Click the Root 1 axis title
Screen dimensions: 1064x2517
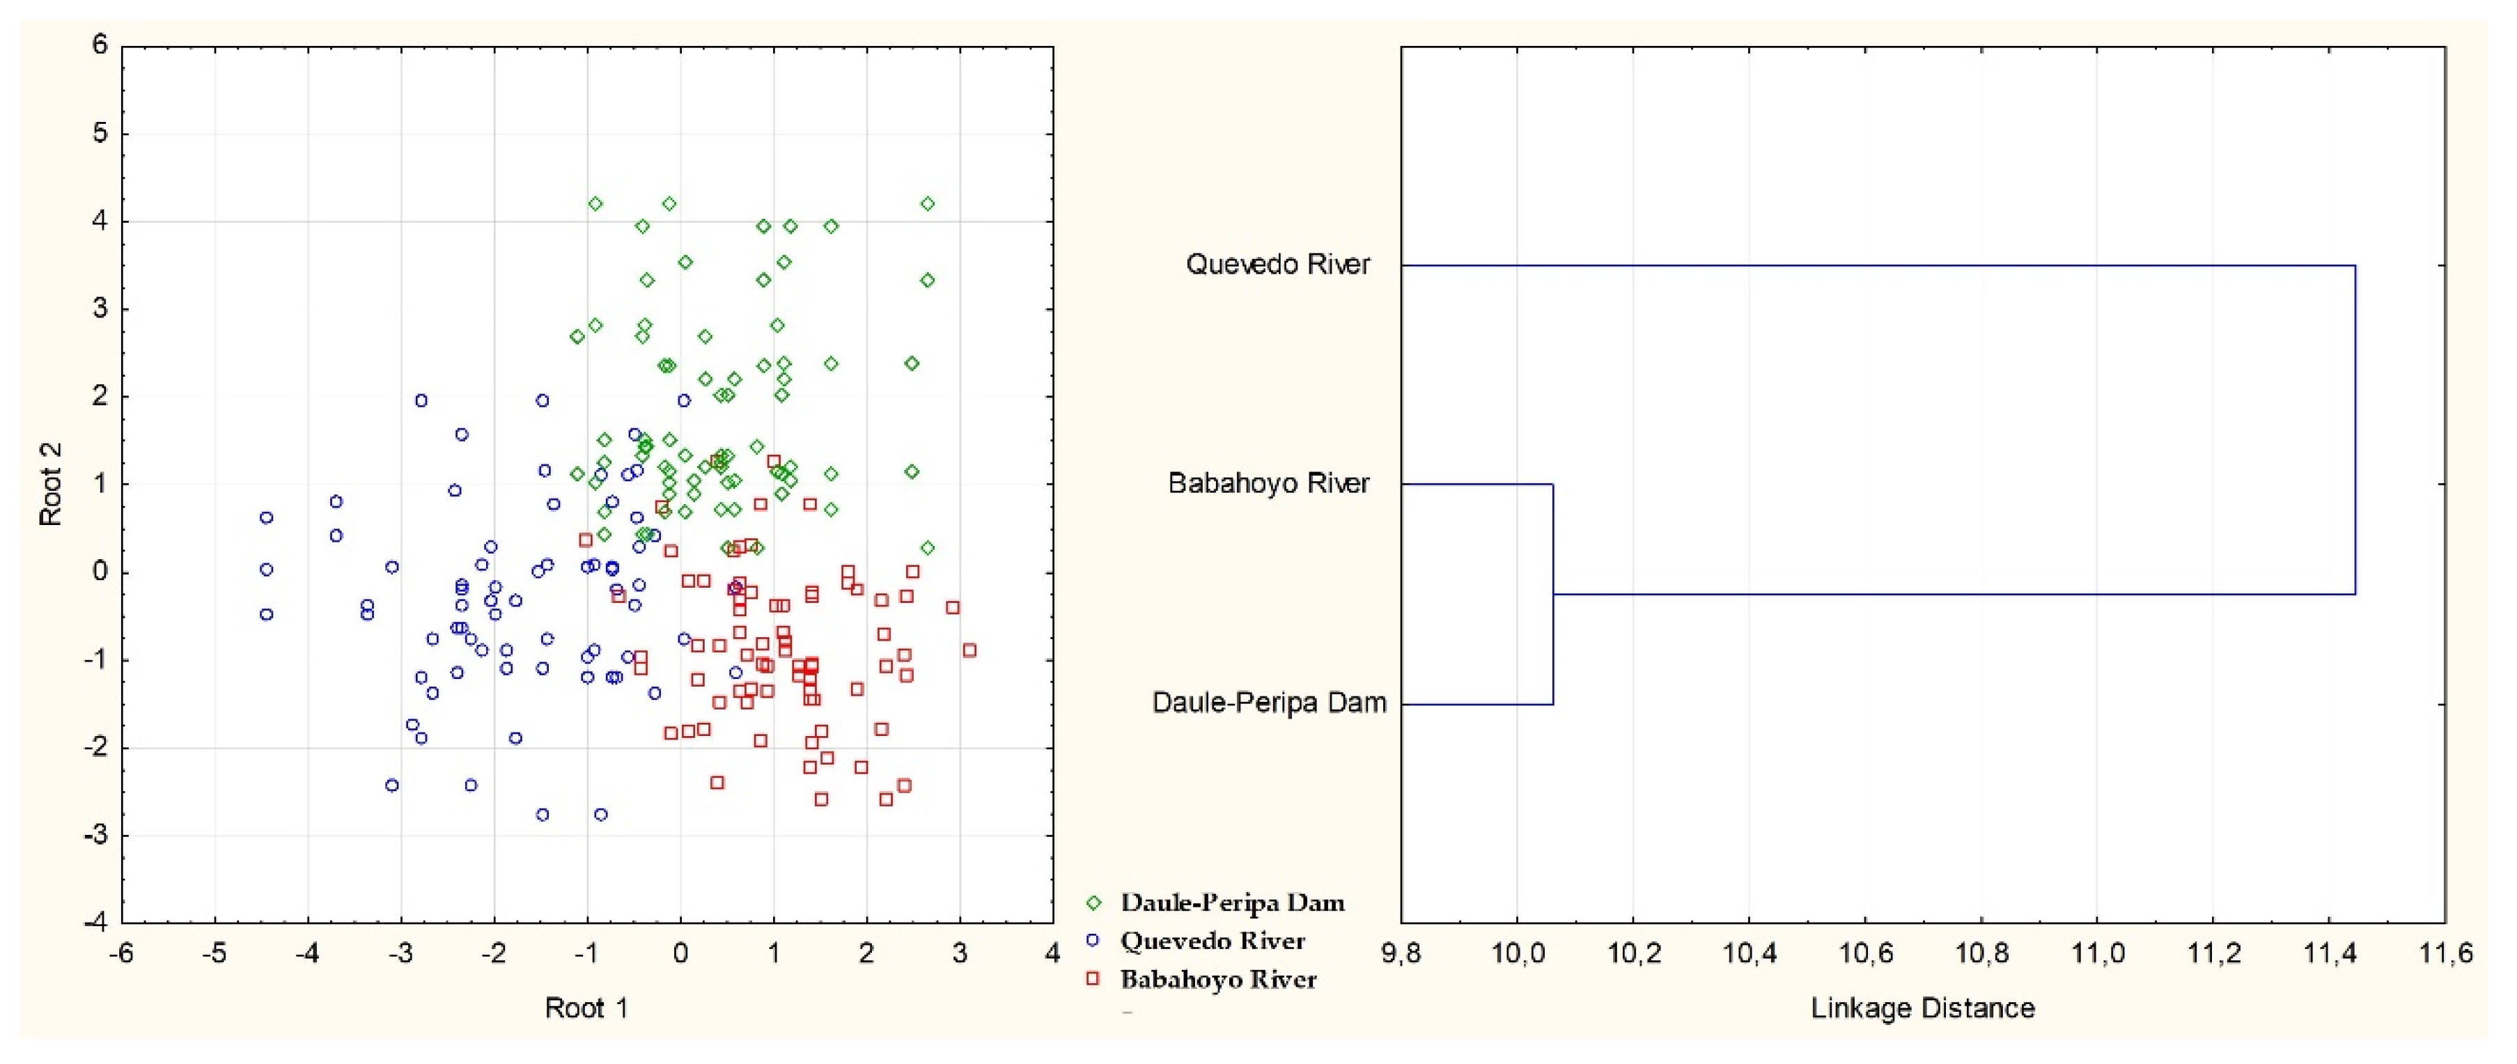coord(586,1008)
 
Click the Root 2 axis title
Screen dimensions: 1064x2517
coord(51,485)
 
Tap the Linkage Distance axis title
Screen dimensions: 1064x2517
coord(1922,1008)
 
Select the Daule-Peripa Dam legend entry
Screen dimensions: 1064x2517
coord(1231,902)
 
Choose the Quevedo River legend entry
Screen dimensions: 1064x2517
coord(1212,941)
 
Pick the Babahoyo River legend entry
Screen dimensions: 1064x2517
coord(1217,979)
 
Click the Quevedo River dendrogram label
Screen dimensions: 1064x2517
coord(1277,265)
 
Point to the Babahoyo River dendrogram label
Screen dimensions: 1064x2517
coord(1268,484)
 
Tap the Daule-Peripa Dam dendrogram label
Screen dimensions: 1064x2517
coord(1268,703)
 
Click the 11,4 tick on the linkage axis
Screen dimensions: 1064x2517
coord(2330,953)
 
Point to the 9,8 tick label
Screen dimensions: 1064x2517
coord(1401,953)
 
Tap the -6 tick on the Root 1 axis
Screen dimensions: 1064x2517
coord(122,953)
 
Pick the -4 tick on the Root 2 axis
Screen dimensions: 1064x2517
coord(95,921)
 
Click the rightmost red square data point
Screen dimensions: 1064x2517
coord(968,650)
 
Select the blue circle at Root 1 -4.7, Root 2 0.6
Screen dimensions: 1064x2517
coord(266,518)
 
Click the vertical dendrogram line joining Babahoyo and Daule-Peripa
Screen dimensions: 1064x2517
coord(1552,594)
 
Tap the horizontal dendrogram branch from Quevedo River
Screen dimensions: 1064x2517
coord(1876,265)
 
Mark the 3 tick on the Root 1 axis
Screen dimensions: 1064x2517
coord(960,953)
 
